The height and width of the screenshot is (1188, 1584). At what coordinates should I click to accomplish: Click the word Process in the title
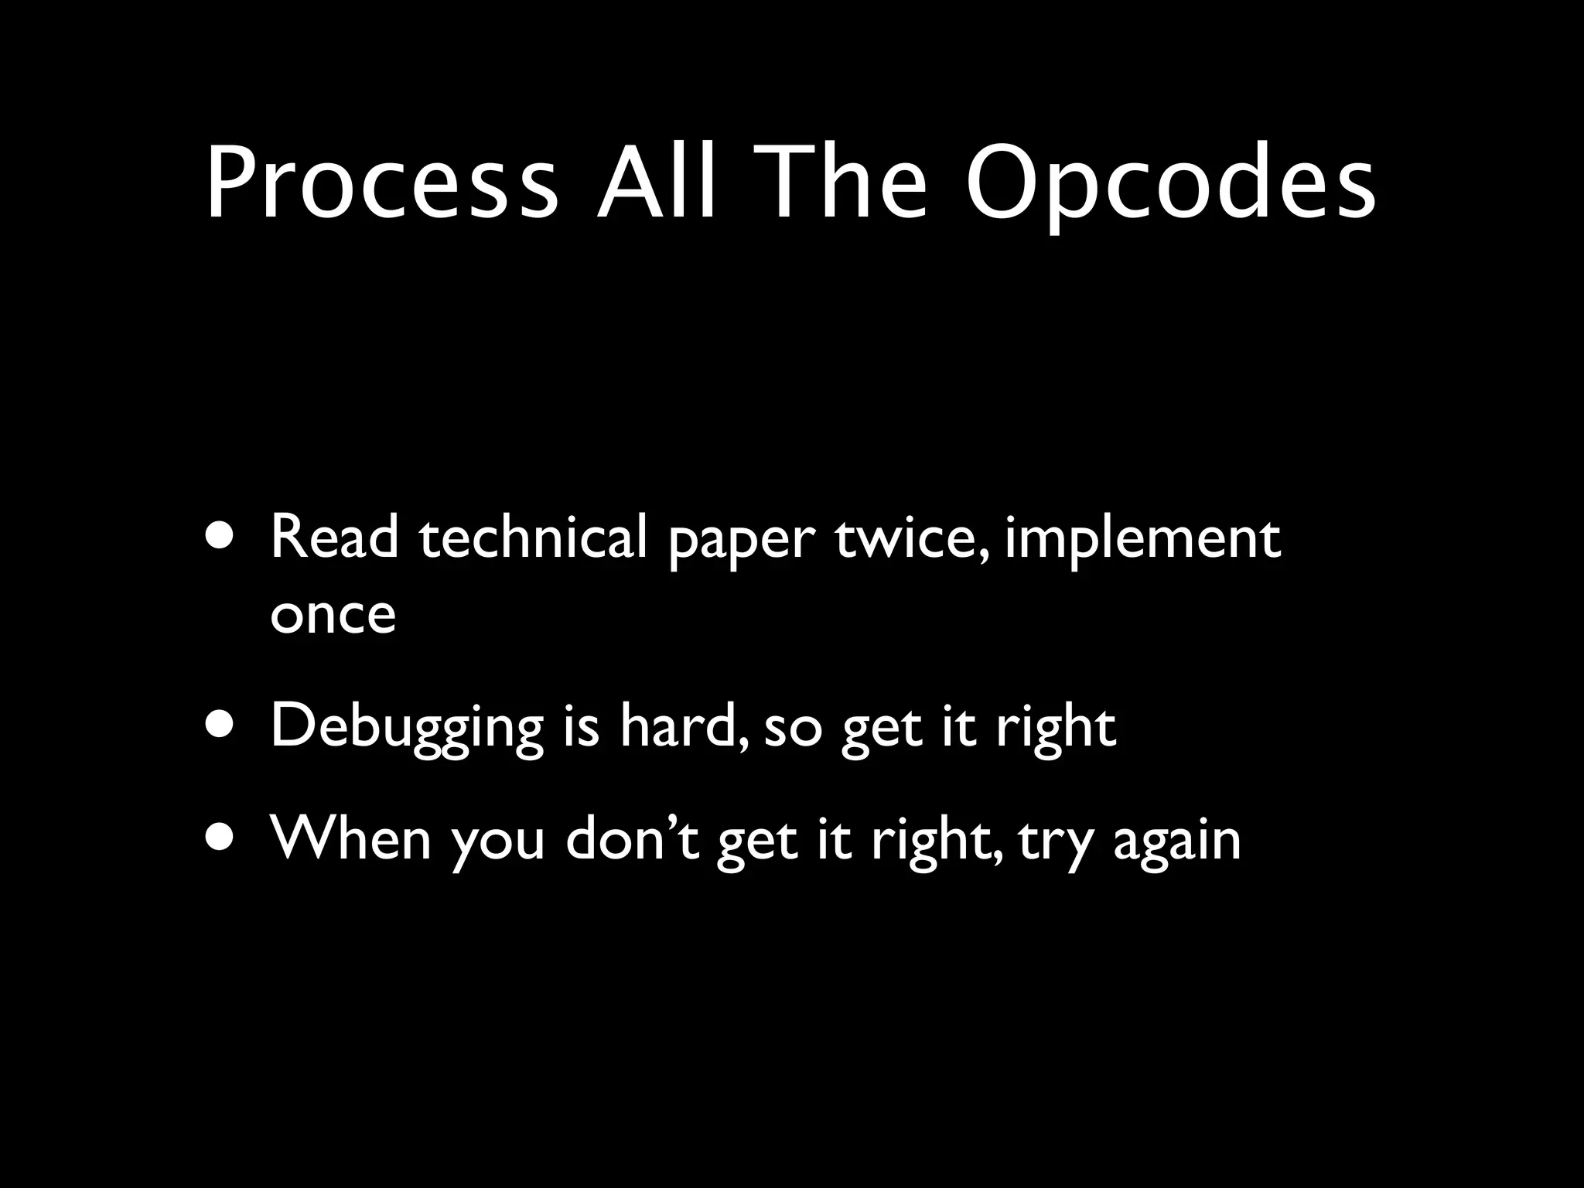point(381,183)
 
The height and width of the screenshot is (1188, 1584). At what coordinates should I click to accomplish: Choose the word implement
point(1142,540)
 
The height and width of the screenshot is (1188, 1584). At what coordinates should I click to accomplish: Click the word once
point(333,614)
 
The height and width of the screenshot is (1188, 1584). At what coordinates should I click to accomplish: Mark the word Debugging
point(407,729)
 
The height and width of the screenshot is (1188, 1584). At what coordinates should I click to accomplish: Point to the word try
point(1054,841)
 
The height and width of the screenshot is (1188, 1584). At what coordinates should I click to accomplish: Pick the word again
point(1176,841)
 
